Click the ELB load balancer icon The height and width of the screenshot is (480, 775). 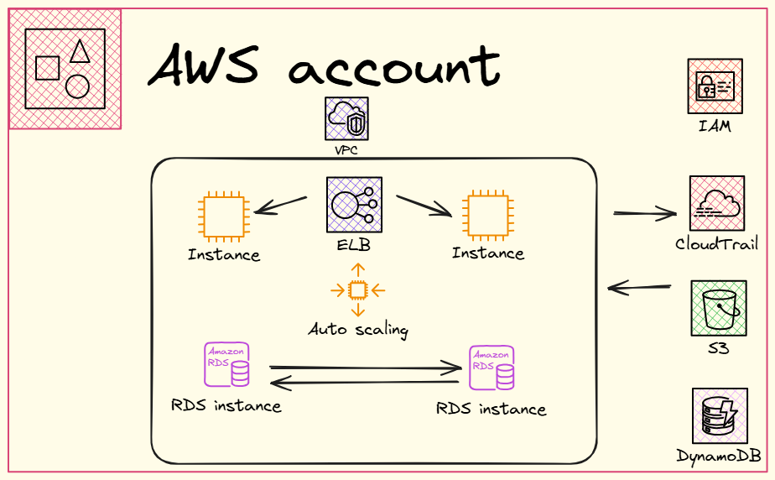pos(354,204)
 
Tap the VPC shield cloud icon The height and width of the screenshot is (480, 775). pos(346,118)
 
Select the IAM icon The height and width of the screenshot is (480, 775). pos(715,86)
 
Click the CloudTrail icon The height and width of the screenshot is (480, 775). pos(717,203)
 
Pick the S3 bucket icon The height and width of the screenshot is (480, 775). pos(718,309)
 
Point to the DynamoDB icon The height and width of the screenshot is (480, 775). pos(720,415)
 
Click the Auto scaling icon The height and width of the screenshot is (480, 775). pos(358,290)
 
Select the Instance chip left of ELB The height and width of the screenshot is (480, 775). pos(222,217)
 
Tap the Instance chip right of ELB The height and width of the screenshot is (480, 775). pos(487,216)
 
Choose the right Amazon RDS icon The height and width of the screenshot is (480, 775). pos(492,368)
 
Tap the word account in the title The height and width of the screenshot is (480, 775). pos(393,68)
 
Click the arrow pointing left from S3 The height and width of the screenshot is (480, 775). pos(639,289)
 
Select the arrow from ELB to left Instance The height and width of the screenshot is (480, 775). pos(281,206)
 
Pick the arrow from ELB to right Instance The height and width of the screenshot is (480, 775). pos(424,206)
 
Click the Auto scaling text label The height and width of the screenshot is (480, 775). pos(358,329)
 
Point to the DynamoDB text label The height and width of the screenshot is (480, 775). pos(719,457)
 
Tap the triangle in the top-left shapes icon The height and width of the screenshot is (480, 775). pos(80,51)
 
